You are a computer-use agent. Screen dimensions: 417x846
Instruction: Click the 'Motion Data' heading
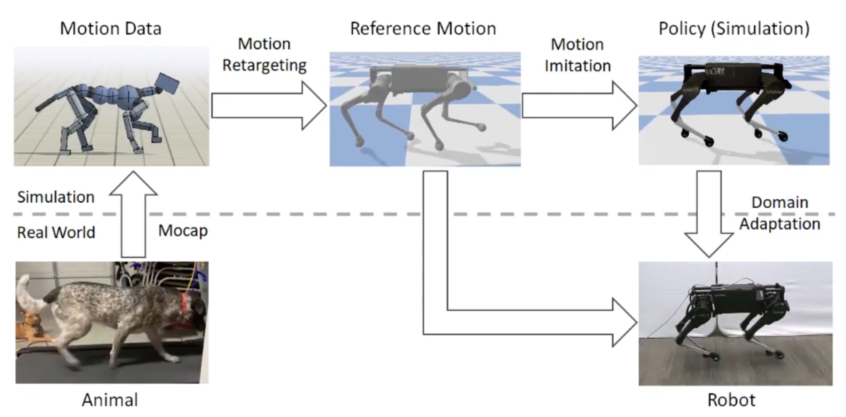[110, 29]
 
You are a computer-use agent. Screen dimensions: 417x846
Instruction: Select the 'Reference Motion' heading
[423, 29]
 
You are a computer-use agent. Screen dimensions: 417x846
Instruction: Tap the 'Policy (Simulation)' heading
[734, 29]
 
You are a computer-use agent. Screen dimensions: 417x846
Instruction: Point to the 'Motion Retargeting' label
[264, 55]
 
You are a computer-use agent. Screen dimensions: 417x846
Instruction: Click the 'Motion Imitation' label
[577, 55]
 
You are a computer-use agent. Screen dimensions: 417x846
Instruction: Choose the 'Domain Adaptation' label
[779, 213]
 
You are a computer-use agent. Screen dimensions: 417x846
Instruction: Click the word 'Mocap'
[183, 230]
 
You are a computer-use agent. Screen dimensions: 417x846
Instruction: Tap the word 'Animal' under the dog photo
[110, 400]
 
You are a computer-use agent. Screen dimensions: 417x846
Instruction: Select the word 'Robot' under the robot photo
[731, 400]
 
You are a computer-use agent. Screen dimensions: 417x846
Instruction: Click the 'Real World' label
[56, 233]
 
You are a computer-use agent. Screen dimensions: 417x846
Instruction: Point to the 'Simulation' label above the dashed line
[56, 197]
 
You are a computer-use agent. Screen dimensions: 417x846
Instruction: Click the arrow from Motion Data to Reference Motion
[268, 106]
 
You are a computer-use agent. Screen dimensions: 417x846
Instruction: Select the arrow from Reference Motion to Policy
[579, 106]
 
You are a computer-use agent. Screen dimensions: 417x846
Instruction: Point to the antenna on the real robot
[716, 273]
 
